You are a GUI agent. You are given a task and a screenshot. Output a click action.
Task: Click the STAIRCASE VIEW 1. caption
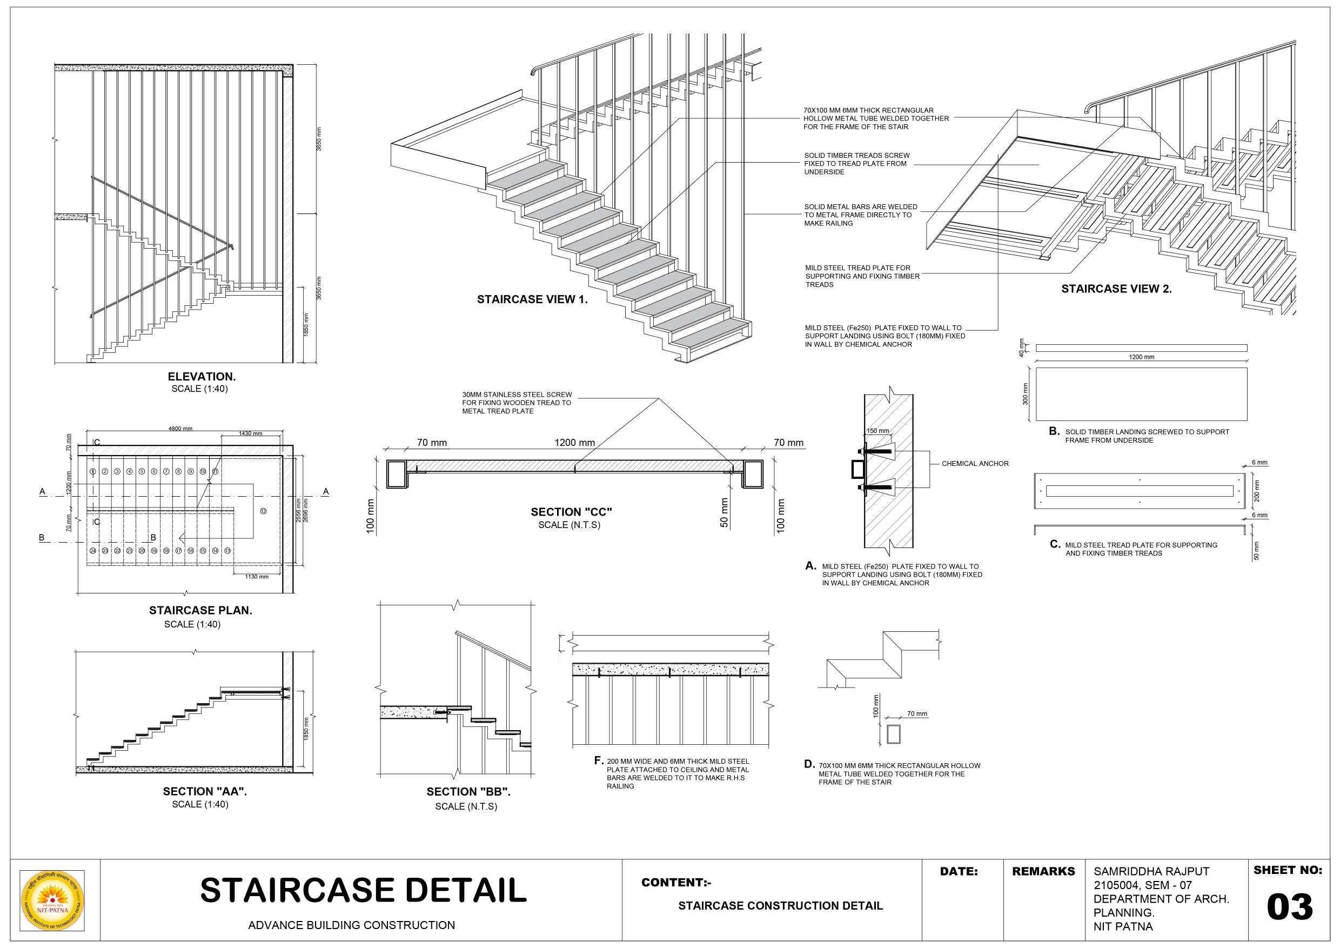point(532,299)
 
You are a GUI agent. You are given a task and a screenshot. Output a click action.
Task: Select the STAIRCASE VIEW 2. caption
point(1116,289)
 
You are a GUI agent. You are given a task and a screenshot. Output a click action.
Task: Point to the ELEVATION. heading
point(202,377)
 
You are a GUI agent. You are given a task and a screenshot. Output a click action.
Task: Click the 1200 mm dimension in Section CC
point(574,443)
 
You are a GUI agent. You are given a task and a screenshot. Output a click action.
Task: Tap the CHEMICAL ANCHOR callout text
point(975,464)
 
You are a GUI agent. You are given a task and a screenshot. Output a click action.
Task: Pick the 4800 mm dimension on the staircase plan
point(180,429)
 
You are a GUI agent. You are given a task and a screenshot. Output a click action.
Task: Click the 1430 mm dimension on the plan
point(250,433)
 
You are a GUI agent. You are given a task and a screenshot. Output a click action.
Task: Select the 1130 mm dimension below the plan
point(257,577)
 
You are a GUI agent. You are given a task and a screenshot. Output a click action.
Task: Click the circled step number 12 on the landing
point(263,511)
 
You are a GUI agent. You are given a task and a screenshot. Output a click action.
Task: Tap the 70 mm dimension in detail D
point(917,713)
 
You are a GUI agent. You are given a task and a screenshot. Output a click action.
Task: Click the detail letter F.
point(598,760)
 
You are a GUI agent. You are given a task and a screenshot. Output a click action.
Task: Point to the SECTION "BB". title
point(468,792)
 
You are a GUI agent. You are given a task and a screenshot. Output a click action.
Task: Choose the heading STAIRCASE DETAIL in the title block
point(363,890)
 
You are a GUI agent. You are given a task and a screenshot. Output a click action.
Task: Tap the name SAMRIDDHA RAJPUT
point(1151,871)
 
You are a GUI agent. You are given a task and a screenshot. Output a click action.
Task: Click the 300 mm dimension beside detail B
point(1026,394)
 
